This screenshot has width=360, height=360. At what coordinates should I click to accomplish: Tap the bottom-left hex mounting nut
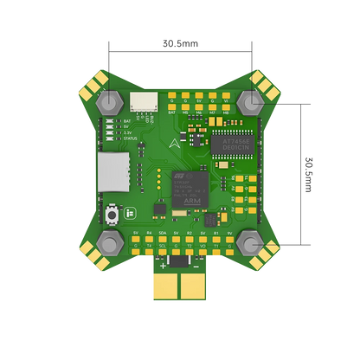(x=111, y=241)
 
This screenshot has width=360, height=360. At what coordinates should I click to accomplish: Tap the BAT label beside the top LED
(x=127, y=121)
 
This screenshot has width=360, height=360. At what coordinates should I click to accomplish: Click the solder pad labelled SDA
(x=163, y=239)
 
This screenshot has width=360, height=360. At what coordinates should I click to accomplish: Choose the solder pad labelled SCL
(x=163, y=252)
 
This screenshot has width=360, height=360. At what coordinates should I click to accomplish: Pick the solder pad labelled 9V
(x=229, y=239)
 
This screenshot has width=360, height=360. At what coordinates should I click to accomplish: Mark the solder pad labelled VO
(x=202, y=252)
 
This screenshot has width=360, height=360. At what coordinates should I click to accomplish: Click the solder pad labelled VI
(x=226, y=95)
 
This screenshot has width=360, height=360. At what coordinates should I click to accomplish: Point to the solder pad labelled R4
(x=149, y=239)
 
